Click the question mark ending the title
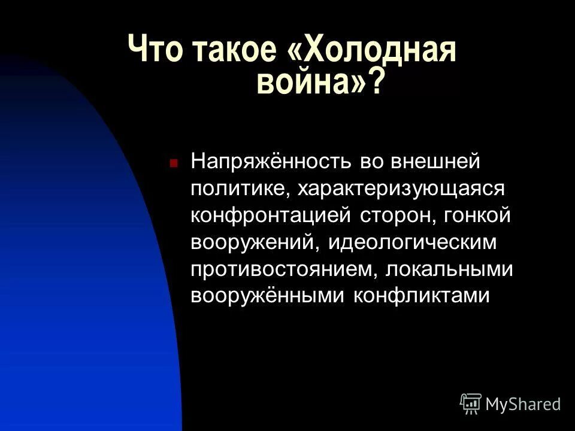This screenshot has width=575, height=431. pyautogui.click(x=376, y=82)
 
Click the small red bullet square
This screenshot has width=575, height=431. pyautogui.click(x=174, y=162)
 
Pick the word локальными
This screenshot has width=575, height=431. pyautogui.click(x=449, y=269)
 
